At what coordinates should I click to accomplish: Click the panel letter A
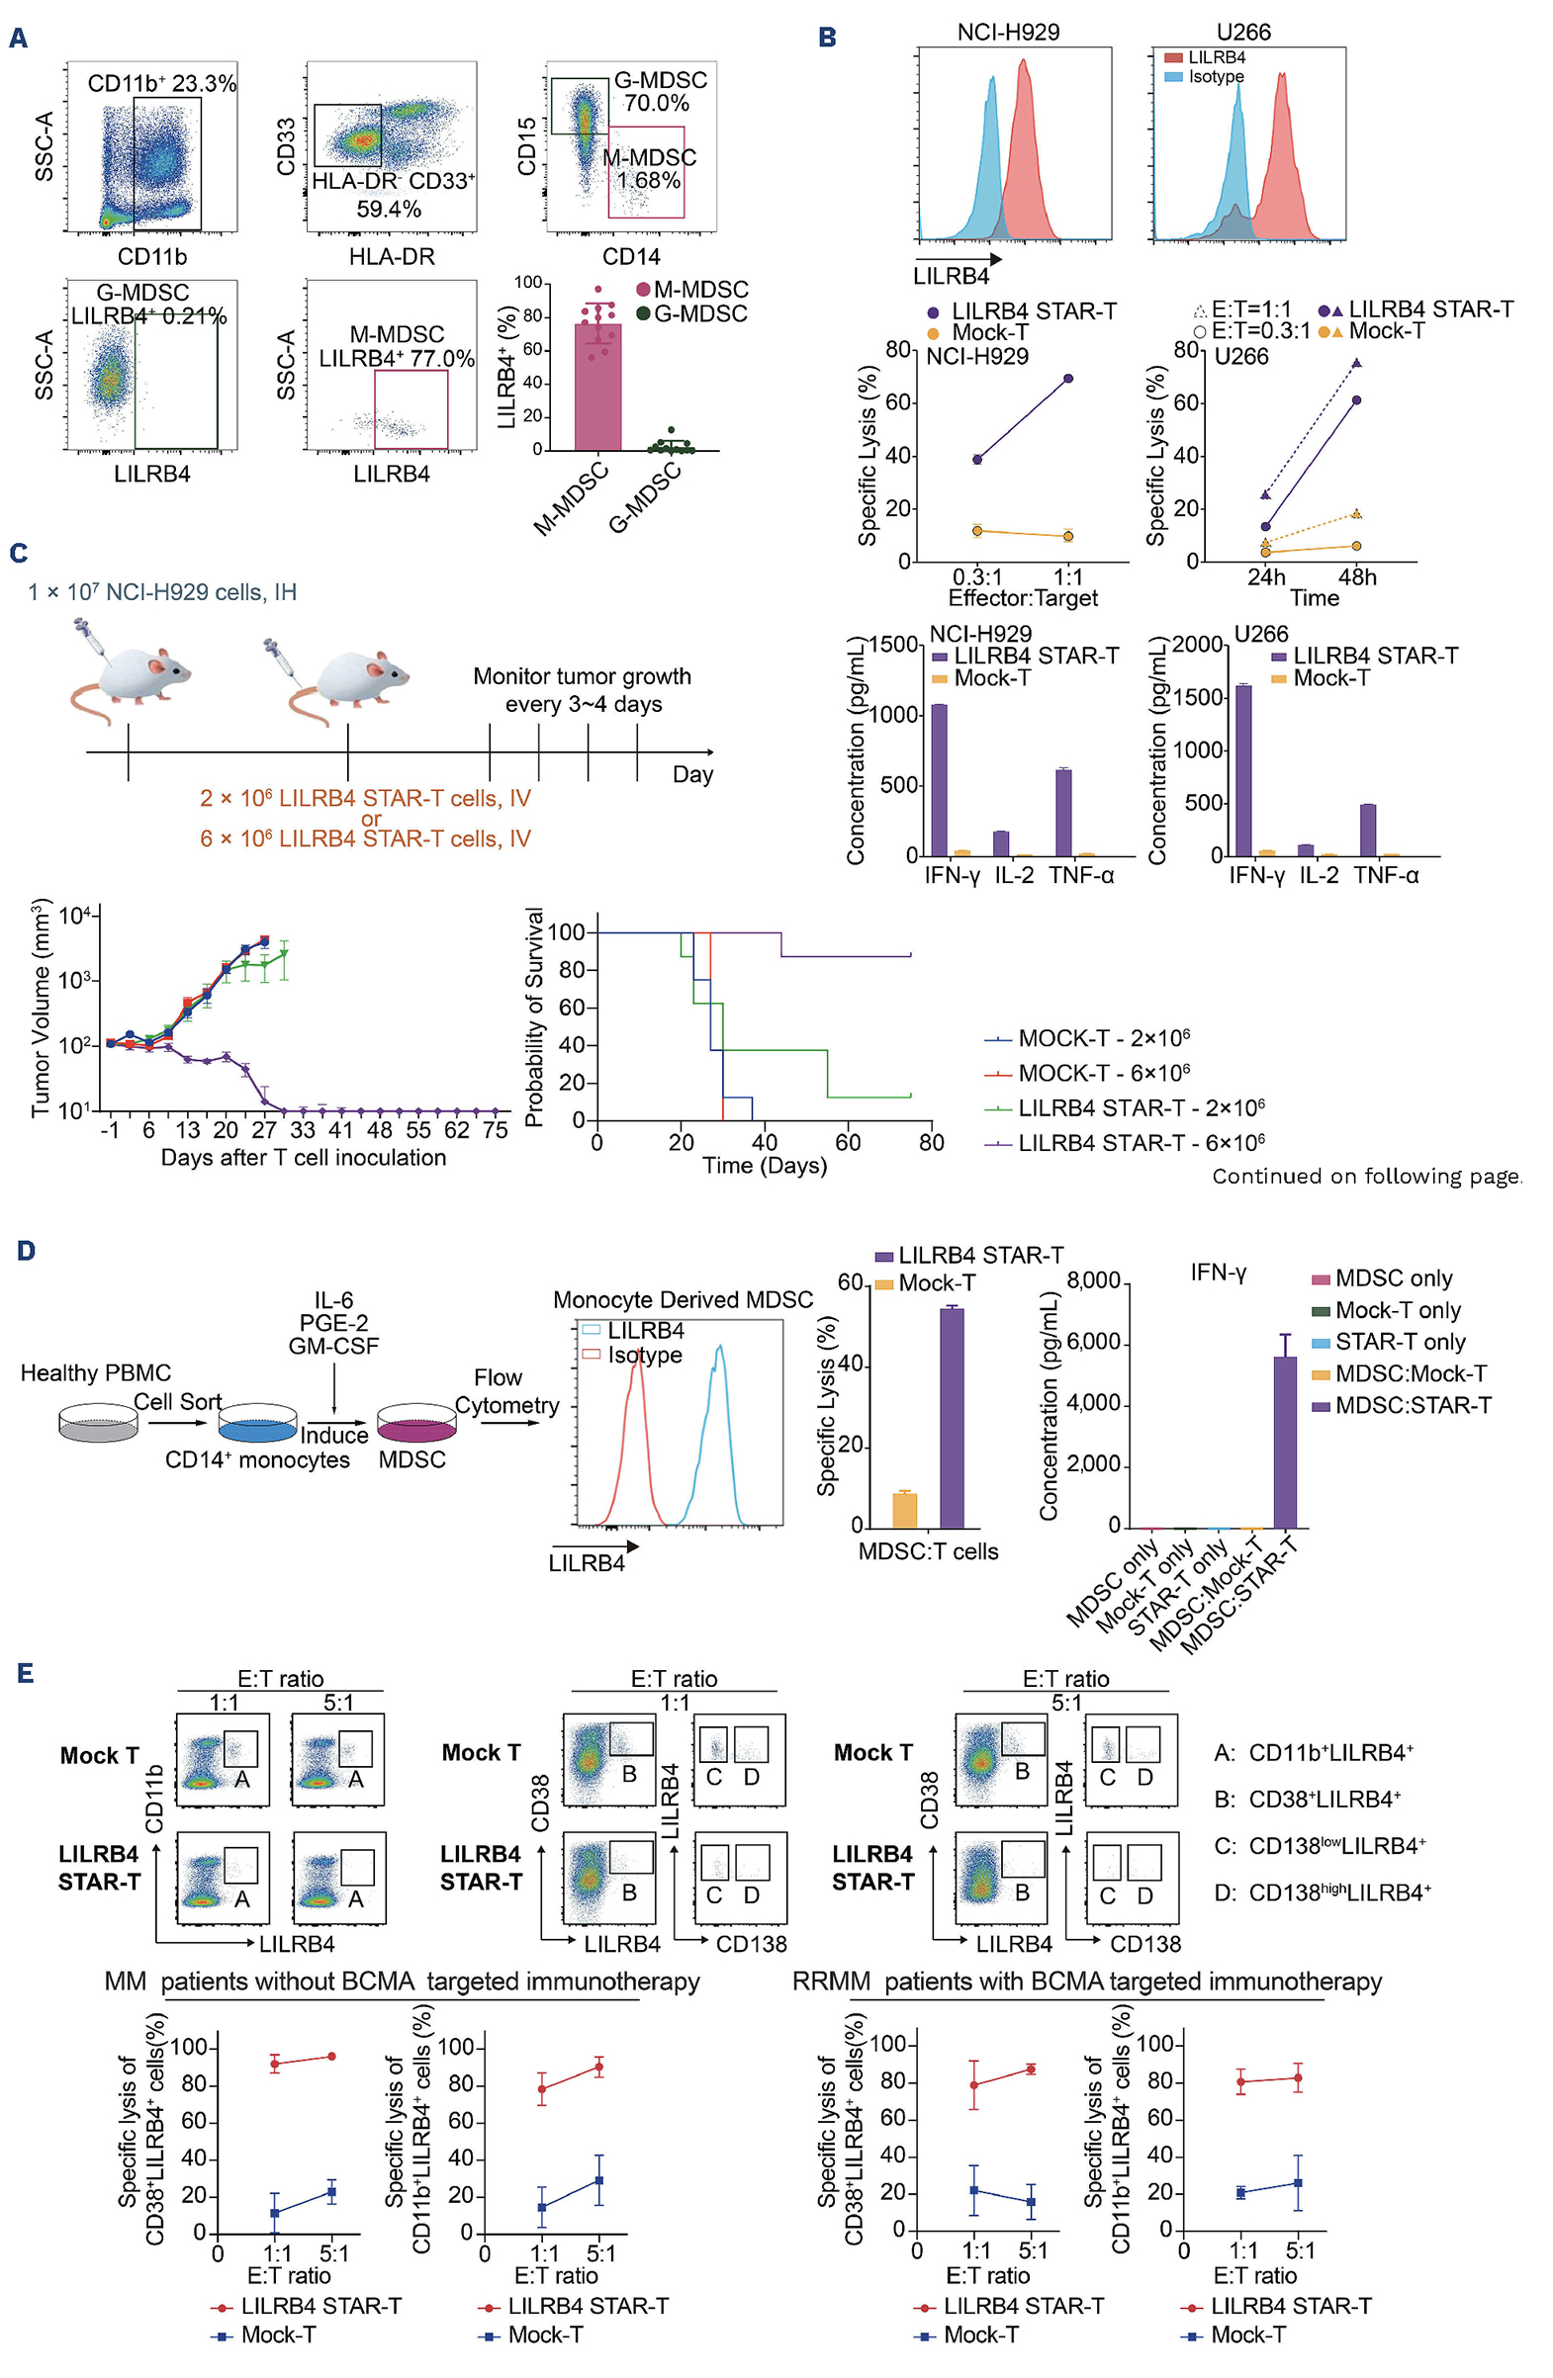tap(18, 38)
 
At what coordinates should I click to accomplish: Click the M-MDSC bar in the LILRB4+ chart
tap(597, 387)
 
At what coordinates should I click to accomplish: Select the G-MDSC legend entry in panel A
tap(691, 313)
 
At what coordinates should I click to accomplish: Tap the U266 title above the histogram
tap(1243, 32)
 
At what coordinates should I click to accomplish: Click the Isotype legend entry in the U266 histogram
tap(1204, 76)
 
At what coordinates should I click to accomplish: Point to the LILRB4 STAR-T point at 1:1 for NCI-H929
tap(1068, 379)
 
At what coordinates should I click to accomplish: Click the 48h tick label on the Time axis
tap(1357, 576)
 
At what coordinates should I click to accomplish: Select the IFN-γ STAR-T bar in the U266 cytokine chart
tap(1243, 770)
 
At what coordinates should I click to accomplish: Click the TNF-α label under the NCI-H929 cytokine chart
tap(1080, 875)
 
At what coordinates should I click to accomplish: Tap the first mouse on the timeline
tap(130, 664)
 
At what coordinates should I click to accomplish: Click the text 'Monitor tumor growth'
tap(582, 676)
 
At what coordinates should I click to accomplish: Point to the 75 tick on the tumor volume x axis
tap(496, 1130)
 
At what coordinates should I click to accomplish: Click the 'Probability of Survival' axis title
tap(533, 1017)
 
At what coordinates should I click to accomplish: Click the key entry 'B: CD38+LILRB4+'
tap(1307, 1800)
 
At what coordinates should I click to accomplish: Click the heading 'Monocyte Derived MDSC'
tap(683, 1300)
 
